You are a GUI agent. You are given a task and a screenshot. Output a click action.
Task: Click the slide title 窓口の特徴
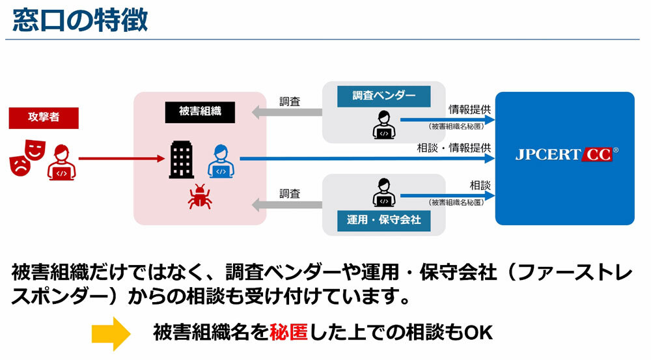(80, 20)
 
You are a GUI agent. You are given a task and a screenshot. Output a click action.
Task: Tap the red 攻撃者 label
(44, 118)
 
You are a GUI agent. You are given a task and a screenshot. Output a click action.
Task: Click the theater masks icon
(25, 157)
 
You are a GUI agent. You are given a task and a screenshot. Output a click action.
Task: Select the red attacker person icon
(61, 161)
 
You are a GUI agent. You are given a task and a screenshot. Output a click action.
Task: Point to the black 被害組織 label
(200, 111)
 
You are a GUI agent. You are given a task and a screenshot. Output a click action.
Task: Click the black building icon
(182, 159)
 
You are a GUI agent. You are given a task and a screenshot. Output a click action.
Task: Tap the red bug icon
(199, 196)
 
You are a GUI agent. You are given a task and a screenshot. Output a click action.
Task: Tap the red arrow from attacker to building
(120, 158)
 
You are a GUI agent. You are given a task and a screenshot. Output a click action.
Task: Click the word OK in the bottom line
(478, 333)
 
